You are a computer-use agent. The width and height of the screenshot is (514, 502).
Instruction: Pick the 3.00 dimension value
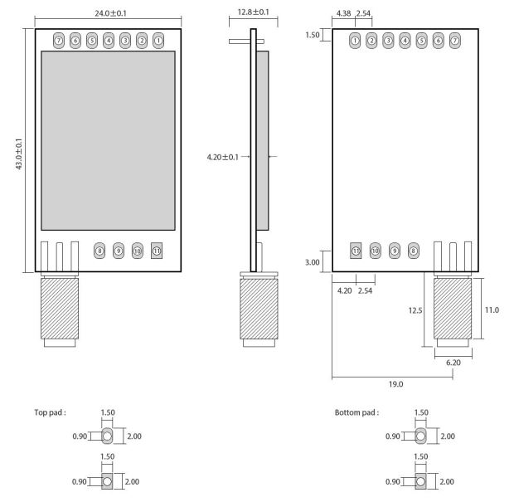pyautogui.click(x=313, y=261)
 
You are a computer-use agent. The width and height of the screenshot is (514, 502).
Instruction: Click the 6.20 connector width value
pyautogui.click(x=453, y=363)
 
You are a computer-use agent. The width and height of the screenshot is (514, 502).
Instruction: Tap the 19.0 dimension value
pyautogui.click(x=392, y=385)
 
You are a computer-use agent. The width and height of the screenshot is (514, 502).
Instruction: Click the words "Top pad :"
pyautogui.click(x=50, y=412)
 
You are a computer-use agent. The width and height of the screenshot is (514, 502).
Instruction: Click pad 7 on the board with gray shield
pyautogui.click(x=58, y=39)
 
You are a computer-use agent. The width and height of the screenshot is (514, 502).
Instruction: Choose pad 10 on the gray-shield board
pyautogui.click(x=138, y=250)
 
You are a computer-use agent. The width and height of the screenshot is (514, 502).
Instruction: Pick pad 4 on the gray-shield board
pyautogui.click(x=109, y=39)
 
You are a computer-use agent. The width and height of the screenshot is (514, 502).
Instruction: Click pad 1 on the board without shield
pyautogui.click(x=355, y=39)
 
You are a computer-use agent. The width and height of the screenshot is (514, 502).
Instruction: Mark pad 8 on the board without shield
pyautogui.click(x=414, y=250)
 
